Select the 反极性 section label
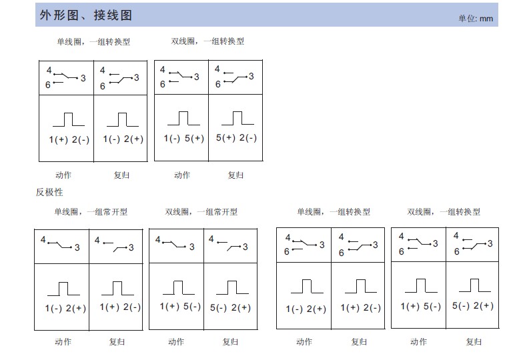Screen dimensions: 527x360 (x=49, y=192)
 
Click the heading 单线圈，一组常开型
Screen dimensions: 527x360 (x=91, y=212)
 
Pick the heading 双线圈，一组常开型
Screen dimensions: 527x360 (x=201, y=212)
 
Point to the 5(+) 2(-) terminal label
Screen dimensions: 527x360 (x=236, y=138)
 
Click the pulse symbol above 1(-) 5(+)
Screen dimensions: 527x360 (x=183, y=118)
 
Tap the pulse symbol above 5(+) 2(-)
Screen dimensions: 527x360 (x=237, y=118)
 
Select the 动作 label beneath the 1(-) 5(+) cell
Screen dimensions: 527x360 (x=182, y=175)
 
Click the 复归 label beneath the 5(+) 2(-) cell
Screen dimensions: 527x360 (x=235, y=175)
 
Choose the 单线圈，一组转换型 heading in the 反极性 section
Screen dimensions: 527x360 (x=334, y=212)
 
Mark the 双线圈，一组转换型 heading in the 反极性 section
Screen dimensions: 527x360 (x=444, y=212)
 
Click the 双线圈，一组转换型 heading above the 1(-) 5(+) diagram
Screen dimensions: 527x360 (x=207, y=41)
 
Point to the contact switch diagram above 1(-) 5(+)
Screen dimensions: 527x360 (x=180, y=77)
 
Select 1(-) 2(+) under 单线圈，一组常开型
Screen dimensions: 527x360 (x=66, y=308)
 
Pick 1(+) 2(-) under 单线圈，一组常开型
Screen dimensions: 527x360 (x=120, y=307)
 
